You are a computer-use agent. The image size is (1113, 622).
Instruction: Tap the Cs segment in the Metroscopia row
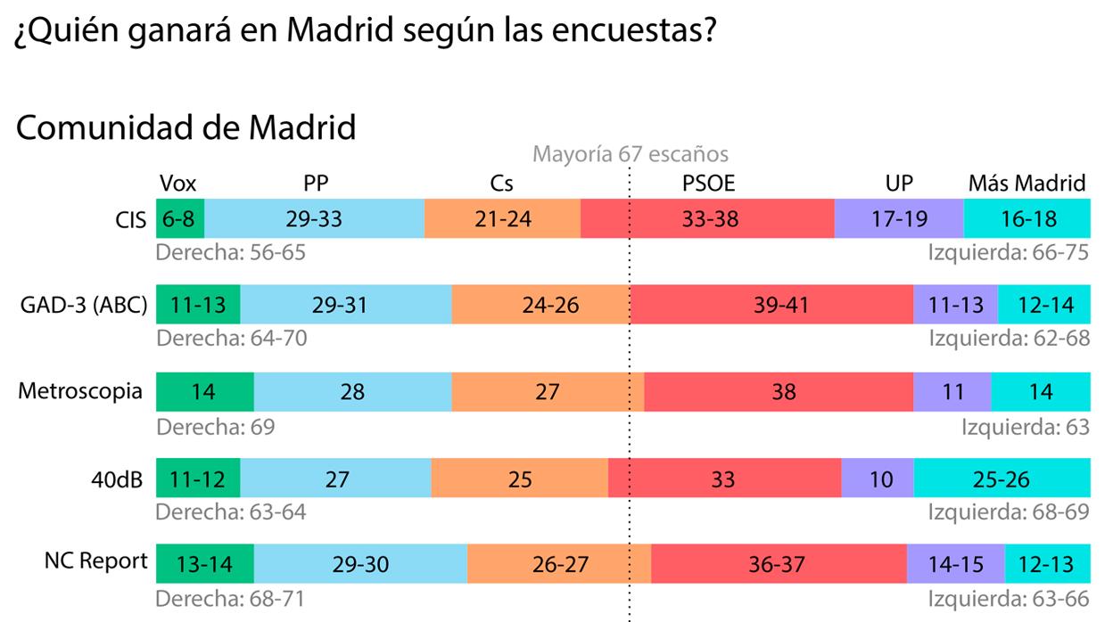tap(547, 392)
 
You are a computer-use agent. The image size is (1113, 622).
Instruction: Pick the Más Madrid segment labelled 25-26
tap(1002, 480)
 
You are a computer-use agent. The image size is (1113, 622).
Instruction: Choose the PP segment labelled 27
tap(336, 480)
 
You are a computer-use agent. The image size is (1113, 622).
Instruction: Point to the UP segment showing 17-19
tap(899, 219)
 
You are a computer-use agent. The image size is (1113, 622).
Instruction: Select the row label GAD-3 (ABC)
tap(83, 306)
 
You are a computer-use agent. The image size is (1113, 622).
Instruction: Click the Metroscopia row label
tap(80, 391)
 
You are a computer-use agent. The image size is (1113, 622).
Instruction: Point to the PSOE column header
tap(708, 184)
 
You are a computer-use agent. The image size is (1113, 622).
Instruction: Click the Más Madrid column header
tap(1027, 184)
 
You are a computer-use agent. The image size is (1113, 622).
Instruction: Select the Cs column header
tap(502, 184)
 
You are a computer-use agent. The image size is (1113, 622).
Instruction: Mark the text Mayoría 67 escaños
tap(630, 154)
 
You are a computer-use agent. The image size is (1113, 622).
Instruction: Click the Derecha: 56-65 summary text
tap(230, 252)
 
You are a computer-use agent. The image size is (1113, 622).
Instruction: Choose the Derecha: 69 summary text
tap(215, 427)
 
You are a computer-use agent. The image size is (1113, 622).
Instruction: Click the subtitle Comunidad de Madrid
tap(186, 127)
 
